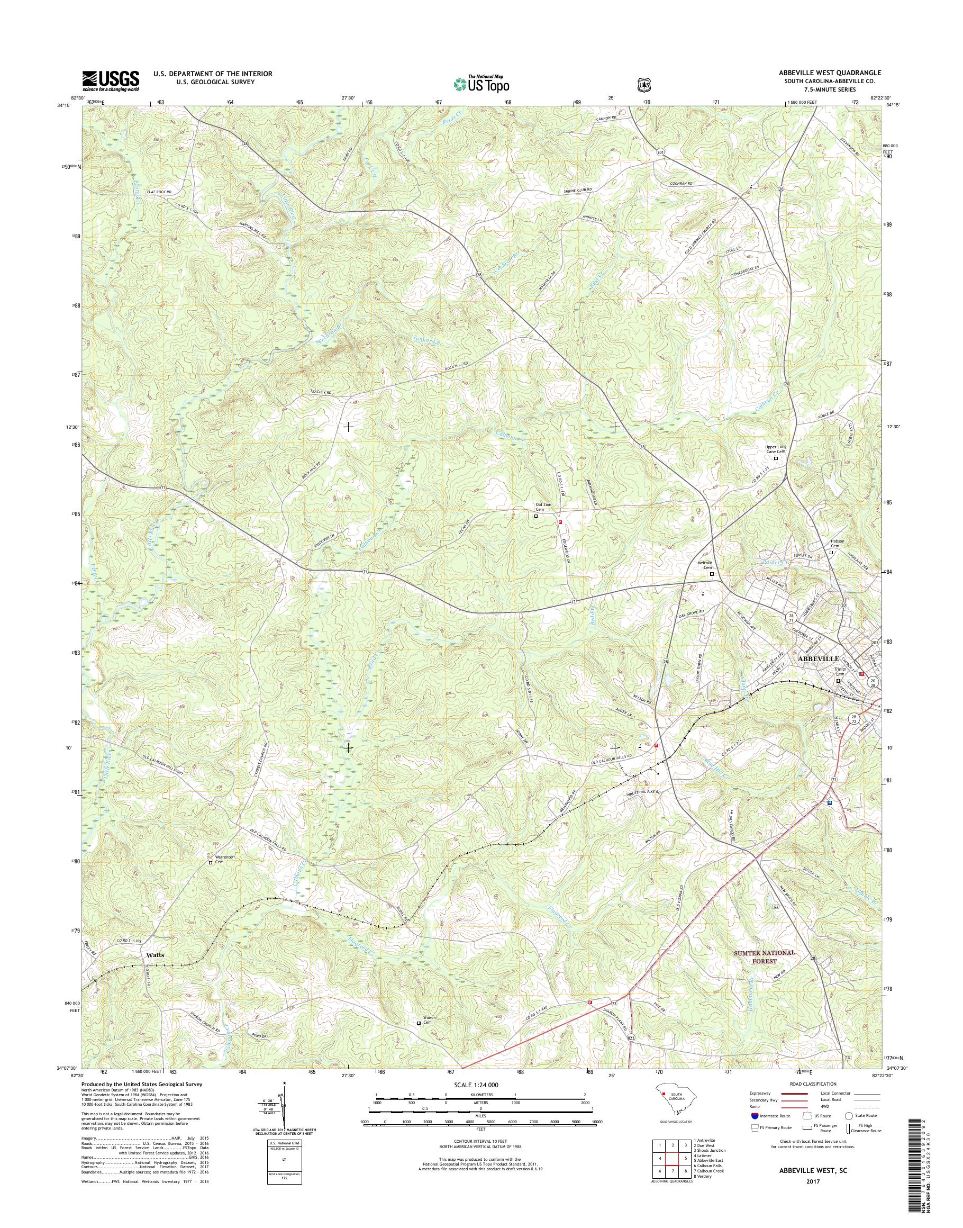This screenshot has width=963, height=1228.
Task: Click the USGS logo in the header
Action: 111,80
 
